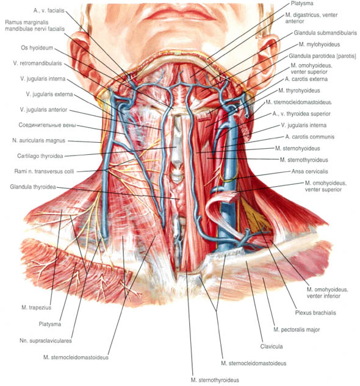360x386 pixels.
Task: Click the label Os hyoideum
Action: [37, 48]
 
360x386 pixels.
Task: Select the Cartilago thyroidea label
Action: [40, 156]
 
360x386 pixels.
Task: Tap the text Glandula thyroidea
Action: [33, 187]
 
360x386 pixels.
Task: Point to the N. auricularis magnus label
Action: [38, 141]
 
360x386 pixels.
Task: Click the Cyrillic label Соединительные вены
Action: [47, 125]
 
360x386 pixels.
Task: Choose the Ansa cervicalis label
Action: [310, 171]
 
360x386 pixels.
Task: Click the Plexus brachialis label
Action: [315, 313]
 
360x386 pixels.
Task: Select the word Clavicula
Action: [272, 346]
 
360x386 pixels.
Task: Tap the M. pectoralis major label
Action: [297, 329]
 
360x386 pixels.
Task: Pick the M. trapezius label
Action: [36, 307]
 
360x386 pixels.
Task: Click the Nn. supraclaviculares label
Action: [46, 341]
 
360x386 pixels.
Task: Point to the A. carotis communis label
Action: [310, 137]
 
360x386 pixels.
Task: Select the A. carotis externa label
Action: [306, 79]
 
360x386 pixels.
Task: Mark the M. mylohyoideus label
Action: [319, 45]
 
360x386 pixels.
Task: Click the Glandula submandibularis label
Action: [325, 33]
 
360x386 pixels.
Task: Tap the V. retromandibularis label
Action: [37, 63]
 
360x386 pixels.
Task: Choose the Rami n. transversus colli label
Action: [44, 171]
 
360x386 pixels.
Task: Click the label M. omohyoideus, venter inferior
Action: [327, 293]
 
